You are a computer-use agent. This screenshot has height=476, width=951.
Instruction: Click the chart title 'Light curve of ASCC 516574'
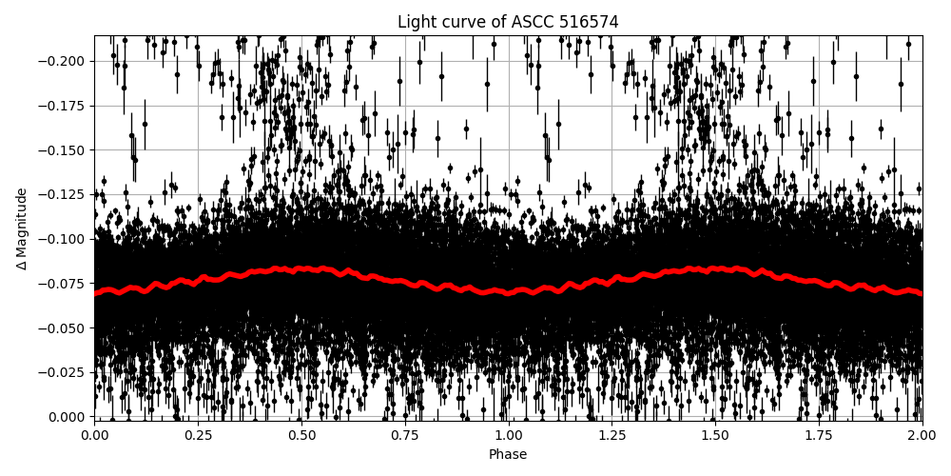pos(508,22)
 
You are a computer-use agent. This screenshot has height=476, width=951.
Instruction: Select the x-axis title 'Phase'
pos(508,455)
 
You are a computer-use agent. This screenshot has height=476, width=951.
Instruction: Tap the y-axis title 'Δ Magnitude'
pos(22,228)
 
